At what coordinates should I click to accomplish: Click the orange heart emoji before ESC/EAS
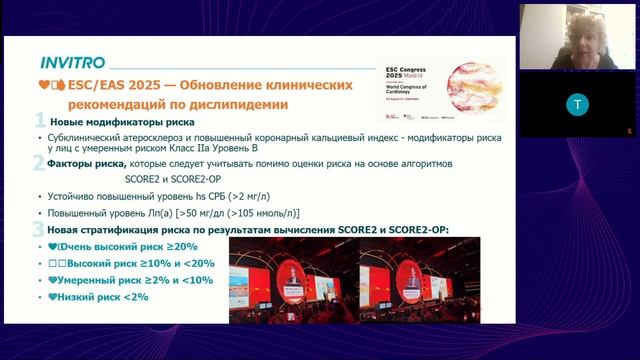click(x=42, y=84)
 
